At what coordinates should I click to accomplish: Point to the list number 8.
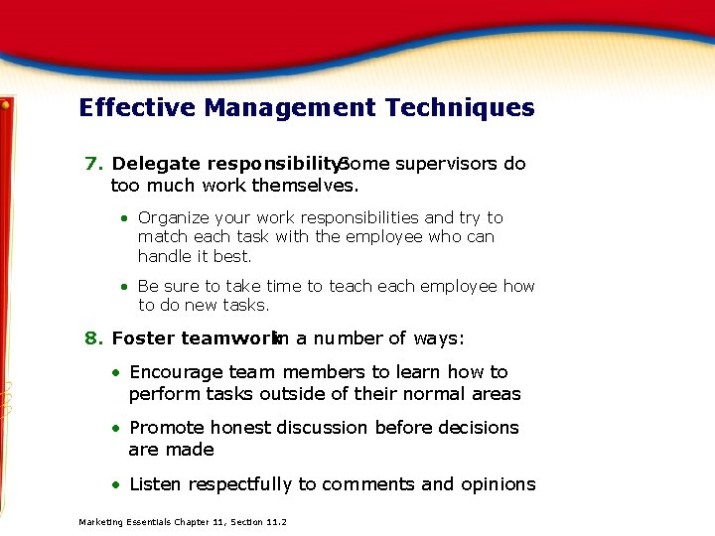(x=93, y=338)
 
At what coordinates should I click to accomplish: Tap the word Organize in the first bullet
(x=174, y=217)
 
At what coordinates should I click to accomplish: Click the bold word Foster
(x=143, y=338)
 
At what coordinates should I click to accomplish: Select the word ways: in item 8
(x=438, y=338)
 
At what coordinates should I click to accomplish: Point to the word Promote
(x=165, y=428)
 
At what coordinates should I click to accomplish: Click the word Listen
(x=156, y=484)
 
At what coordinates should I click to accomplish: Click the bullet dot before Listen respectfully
(x=116, y=485)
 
